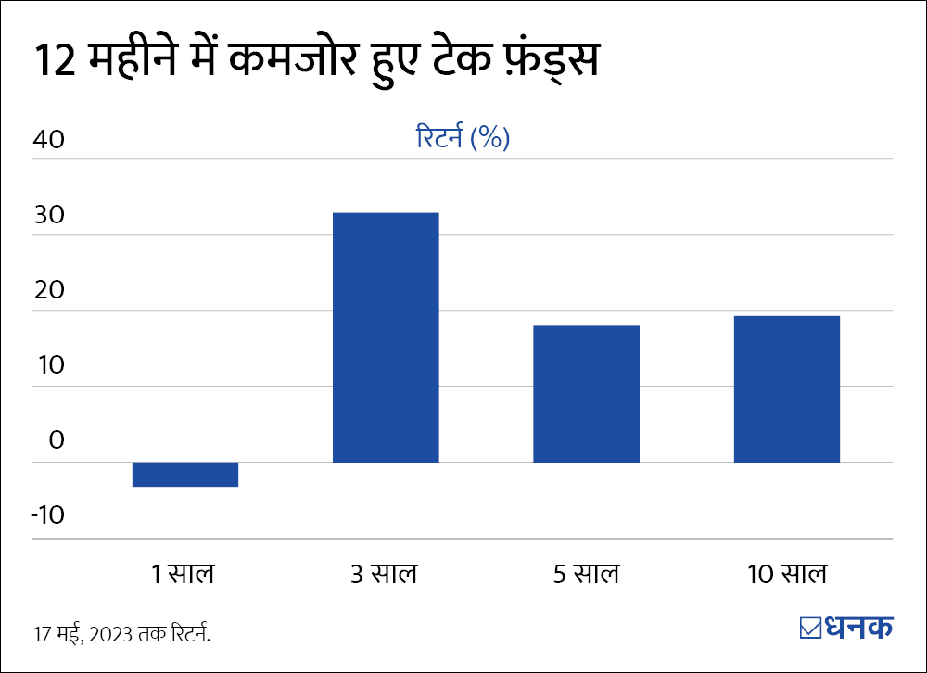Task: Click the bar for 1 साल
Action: click(x=185, y=474)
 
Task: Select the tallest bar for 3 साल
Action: click(x=386, y=337)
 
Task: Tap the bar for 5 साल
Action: click(x=586, y=394)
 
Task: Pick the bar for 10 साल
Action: click(x=787, y=389)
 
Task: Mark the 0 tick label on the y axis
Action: click(x=57, y=440)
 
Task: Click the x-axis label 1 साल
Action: click(x=184, y=574)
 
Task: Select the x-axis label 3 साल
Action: click(x=385, y=574)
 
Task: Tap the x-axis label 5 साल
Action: click(x=586, y=574)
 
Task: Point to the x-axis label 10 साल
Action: click(x=786, y=574)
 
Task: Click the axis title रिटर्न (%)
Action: click(x=463, y=139)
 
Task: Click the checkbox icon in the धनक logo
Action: click(x=810, y=628)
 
